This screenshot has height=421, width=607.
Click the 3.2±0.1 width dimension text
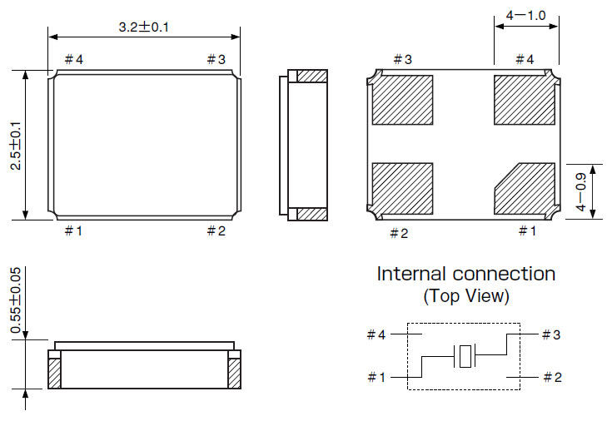click(145, 27)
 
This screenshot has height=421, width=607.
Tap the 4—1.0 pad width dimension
click(525, 16)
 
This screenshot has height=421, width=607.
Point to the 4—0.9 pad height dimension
click(582, 191)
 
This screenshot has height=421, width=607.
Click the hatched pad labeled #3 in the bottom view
click(402, 100)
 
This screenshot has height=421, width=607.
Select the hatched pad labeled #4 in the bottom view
click(524, 100)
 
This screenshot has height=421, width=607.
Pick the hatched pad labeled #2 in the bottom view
click(402, 188)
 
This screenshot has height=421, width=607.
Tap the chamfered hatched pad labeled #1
click(525, 188)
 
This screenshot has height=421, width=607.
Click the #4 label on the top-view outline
click(74, 60)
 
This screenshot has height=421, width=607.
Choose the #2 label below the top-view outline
click(216, 231)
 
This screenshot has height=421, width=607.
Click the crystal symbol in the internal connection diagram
click(465, 356)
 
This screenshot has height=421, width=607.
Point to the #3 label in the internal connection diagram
click(551, 334)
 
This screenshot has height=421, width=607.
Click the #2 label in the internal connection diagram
click(551, 377)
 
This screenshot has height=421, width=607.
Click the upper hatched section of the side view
click(312, 77)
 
